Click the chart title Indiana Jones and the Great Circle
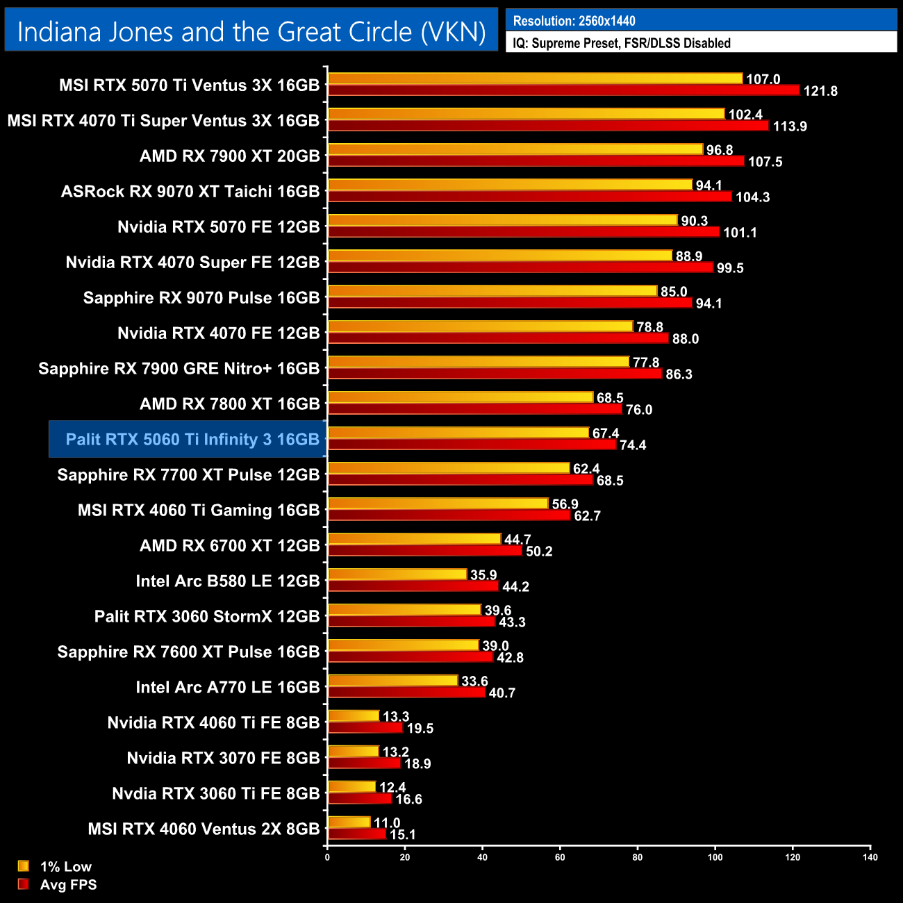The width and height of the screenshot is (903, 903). (x=251, y=32)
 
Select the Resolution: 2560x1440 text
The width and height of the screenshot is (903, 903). (x=574, y=21)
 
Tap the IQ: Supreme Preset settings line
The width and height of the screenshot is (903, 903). (x=621, y=43)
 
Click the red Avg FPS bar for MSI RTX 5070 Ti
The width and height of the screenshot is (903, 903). (x=563, y=90)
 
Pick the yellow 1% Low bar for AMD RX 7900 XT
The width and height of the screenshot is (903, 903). (x=515, y=149)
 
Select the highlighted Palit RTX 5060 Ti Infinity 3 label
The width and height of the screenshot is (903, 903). (x=192, y=440)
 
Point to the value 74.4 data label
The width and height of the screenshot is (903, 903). (x=633, y=445)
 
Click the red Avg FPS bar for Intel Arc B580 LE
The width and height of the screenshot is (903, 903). (x=413, y=586)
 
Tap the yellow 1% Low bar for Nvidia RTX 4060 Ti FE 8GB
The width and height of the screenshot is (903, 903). (x=354, y=716)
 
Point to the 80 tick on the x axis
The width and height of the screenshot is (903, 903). (x=638, y=857)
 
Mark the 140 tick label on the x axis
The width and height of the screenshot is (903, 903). (x=870, y=857)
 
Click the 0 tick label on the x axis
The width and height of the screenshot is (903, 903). (x=327, y=857)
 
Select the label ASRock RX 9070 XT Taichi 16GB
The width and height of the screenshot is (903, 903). (x=190, y=192)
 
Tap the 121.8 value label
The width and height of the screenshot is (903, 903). (x=820, y=91)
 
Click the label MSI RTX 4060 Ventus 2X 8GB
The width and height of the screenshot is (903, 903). (x=204, y=829)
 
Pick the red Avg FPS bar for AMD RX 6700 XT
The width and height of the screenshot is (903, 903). (x=424, y=551)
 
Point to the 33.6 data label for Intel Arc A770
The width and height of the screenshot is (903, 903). (x=474, y=681)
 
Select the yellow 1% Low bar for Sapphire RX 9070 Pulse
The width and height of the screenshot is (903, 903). (x=492, y=291)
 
